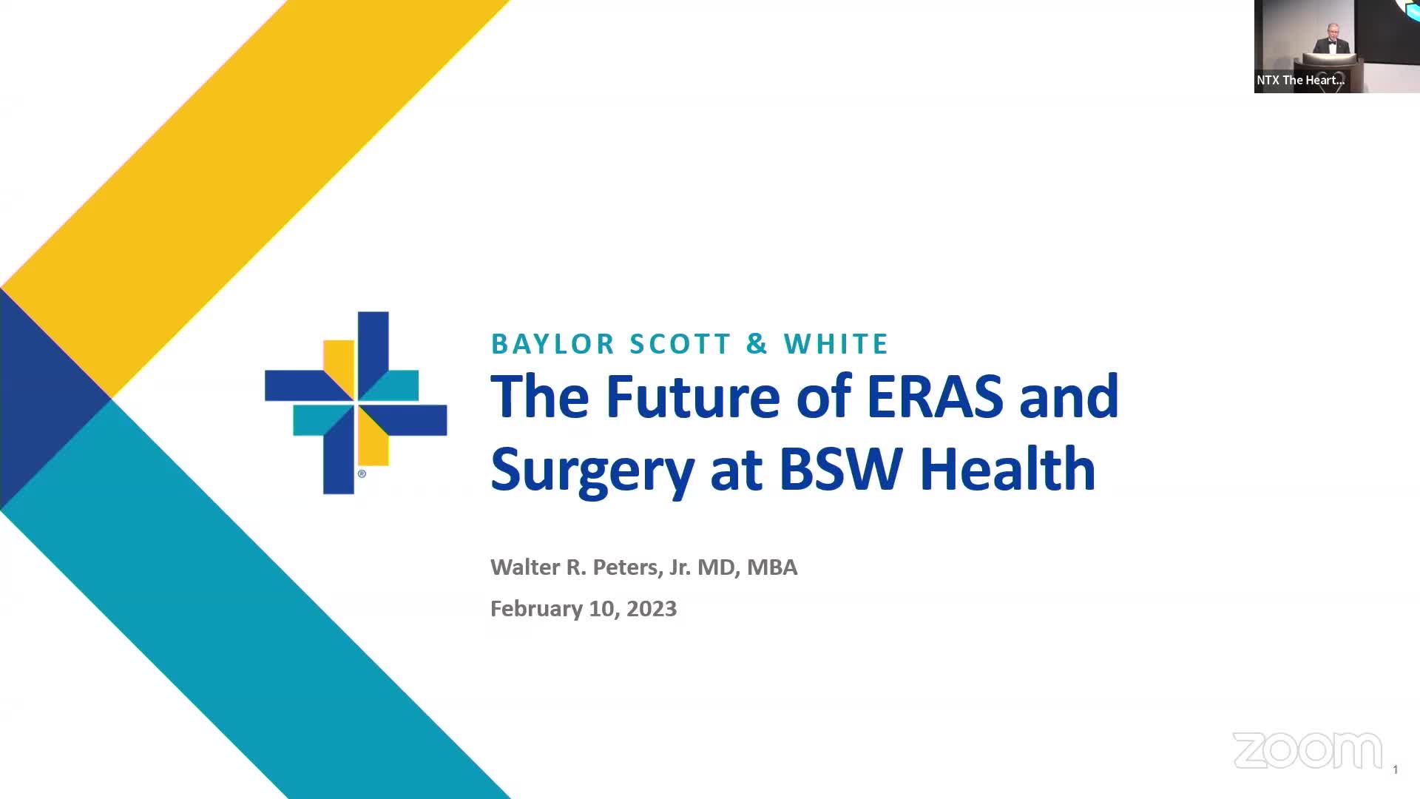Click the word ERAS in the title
[935, 397]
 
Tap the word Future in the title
[693, 397]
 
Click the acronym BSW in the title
[841, 469]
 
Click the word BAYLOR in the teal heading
[553, 344]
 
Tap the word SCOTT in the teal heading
[680, 344]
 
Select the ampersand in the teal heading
[757, 344]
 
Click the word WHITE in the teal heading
[836, 344]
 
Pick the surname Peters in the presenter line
[626, 567]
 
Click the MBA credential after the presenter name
[772, 567]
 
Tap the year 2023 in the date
[652, 609]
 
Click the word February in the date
[537, 610]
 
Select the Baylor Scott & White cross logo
[356, 402]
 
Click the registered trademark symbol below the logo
[362, 473]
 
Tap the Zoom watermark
[1307, 751]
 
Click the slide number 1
[1396, 770]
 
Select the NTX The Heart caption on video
[1300, 80]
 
